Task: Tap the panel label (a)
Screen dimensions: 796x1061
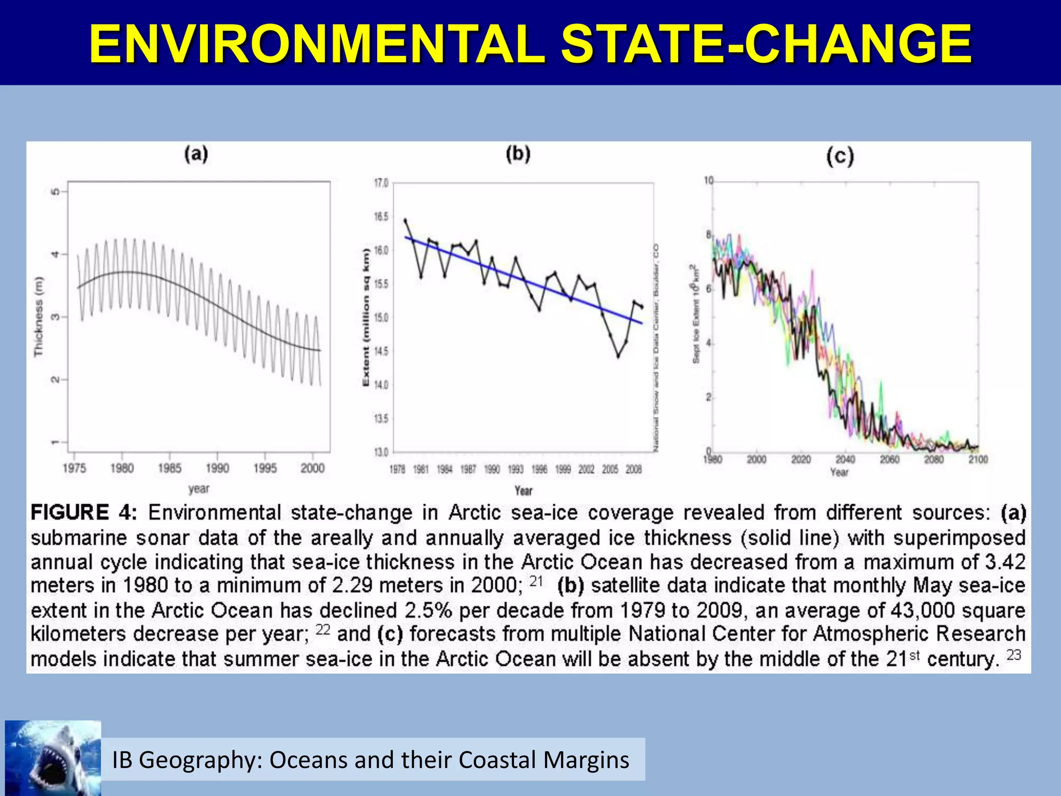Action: coord(196,154)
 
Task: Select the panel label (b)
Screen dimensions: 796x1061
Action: coord(518,154)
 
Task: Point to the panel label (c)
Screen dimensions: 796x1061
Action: coord(839,156)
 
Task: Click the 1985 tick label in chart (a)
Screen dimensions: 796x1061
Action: coord(169,468)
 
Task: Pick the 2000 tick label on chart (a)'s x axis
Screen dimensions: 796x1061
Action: coord(312,468)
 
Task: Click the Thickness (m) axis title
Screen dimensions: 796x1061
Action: coord(39,316)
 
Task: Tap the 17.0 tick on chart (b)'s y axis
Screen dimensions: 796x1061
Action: coord(381,183)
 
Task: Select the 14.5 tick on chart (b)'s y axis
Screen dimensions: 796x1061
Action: coord(381,351)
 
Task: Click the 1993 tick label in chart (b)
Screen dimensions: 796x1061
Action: coord(515,470)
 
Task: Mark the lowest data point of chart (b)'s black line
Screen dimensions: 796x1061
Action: coord(618,357)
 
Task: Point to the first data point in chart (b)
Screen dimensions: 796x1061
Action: coord(405,220)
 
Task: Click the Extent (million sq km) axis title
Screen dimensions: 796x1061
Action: coord(366,316)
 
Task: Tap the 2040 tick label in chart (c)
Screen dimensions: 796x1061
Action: coord(845,460)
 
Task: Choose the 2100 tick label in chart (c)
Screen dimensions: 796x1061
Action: coord(978,460)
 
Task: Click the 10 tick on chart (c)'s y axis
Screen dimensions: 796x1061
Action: coord(708,180)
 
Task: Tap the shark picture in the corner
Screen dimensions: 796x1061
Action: coord(53,758)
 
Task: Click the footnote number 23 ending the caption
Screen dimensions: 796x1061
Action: coord(1013,656)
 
